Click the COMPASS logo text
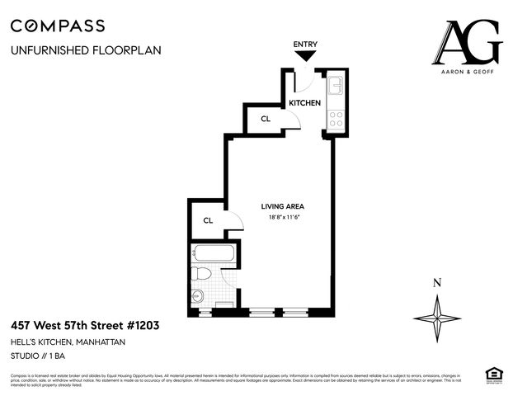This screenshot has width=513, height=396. point(58,26)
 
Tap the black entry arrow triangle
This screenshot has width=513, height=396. point(305,56)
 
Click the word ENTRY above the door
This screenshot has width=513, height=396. point(305,44)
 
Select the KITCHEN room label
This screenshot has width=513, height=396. point(304,103)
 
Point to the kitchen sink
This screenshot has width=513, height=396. point(336,86)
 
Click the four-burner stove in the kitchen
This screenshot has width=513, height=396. point(336,118)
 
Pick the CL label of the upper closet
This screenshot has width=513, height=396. point(265,120)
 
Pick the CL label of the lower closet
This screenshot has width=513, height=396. point(208,220)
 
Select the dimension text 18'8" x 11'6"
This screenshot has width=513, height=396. point(282,217)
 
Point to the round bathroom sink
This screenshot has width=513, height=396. point(198,297)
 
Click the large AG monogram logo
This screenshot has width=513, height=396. point(469,43)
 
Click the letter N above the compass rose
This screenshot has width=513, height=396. point(436,283)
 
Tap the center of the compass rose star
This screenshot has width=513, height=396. point(436,318)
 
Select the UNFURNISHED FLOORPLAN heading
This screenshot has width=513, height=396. point(86,50)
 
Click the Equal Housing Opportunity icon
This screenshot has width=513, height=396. point(495,376)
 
